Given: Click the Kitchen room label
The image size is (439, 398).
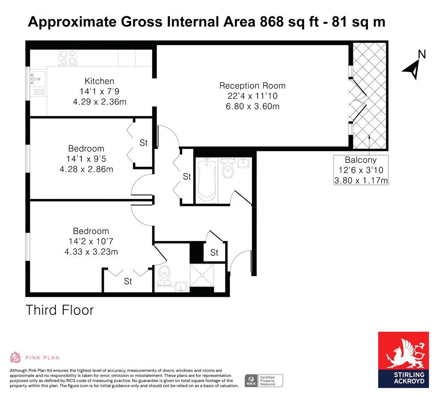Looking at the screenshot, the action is (99, 81).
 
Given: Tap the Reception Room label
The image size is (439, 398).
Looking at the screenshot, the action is (252, 86).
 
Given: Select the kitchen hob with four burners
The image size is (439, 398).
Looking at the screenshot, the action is (68, 58).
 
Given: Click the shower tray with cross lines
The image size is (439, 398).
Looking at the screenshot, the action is (201, 275).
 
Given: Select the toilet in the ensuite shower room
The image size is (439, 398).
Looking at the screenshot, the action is (165, 276).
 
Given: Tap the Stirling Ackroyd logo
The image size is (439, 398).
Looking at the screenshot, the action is (403, 360).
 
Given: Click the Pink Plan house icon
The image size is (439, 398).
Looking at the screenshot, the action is (15, 357).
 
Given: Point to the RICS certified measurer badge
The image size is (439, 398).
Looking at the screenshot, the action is (264, 381).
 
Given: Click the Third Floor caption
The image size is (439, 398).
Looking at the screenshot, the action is (59, 310).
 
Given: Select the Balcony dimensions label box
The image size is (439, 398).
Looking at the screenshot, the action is (361, 170).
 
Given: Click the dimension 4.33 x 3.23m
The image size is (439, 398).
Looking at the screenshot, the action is (91, 251).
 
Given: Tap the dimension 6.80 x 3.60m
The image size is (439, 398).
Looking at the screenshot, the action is (253, 106).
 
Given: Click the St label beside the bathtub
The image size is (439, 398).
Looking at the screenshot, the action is (187, 176).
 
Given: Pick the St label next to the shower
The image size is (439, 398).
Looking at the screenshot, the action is (214, 253).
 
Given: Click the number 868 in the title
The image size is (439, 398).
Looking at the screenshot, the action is (272, 21).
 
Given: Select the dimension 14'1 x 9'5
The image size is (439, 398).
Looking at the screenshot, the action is (86, 159).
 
